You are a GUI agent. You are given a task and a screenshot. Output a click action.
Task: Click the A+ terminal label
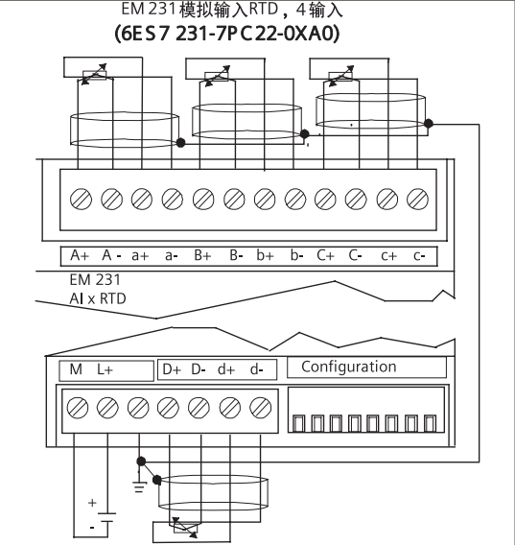80,255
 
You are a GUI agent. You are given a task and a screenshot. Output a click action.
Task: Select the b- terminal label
297,256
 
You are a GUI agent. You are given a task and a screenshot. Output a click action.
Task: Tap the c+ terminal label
388,256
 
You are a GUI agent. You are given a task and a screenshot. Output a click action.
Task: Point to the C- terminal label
355,255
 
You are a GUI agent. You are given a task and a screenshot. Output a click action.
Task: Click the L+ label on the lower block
105,369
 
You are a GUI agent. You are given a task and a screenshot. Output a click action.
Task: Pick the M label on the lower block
76,369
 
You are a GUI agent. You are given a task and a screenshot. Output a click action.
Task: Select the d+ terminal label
226,369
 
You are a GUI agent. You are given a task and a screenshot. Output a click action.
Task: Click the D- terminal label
199,369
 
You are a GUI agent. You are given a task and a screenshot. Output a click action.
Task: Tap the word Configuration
349,367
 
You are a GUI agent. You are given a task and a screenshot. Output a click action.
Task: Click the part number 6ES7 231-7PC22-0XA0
227,35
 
